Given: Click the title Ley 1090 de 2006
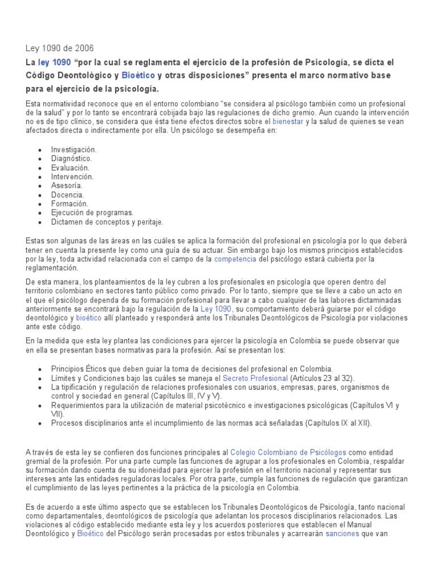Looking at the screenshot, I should click(60, 48).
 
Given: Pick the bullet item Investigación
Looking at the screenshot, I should click(74, 149).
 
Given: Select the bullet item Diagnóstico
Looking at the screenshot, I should click(72, 158).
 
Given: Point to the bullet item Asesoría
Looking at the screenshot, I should click(66, 185).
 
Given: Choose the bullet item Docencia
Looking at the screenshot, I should click(67, 194).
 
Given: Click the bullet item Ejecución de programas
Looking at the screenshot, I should click(92, 213).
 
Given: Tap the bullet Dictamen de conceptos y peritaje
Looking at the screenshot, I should click(107, 222).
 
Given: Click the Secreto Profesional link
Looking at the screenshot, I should click(255, 377).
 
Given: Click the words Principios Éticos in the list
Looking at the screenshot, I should click(78, 368).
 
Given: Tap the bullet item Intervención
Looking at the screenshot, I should click(72, 176).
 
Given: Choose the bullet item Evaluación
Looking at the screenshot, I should click(70, 167).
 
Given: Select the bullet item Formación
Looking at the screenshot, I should click(69, 203).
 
